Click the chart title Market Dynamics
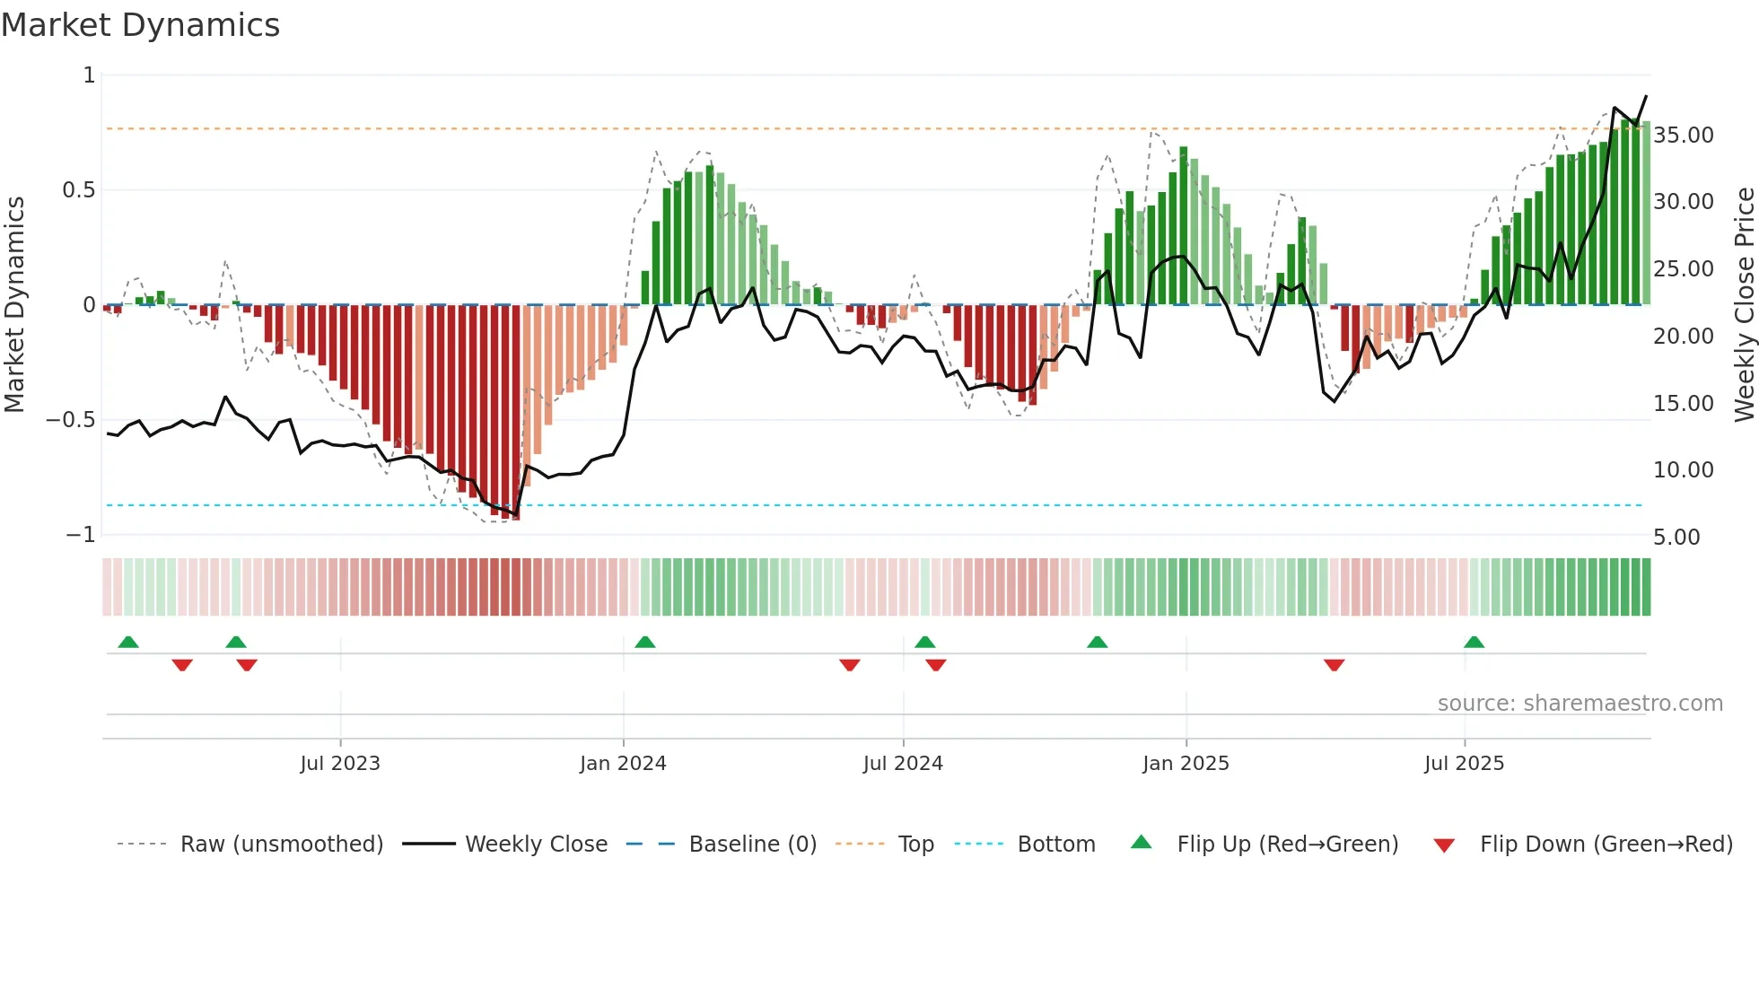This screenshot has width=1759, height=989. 140,25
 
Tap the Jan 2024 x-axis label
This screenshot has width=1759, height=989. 623,764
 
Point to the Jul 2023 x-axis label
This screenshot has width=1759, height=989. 340,764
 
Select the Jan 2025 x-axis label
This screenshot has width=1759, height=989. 1186,764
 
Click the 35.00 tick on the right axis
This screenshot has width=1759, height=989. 1683,136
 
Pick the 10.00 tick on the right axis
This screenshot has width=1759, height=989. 1683,470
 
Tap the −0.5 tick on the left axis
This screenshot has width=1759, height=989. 70,420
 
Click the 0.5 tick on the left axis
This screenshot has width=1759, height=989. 78,190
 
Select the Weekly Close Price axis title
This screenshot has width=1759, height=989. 1744,304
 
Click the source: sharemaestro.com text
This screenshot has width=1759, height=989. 1580,704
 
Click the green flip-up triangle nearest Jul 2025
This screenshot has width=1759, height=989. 1474,642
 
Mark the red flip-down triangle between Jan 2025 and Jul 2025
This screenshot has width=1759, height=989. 1334,665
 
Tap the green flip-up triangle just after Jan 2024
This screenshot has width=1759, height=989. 644,642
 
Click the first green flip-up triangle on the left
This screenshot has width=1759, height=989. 128,642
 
